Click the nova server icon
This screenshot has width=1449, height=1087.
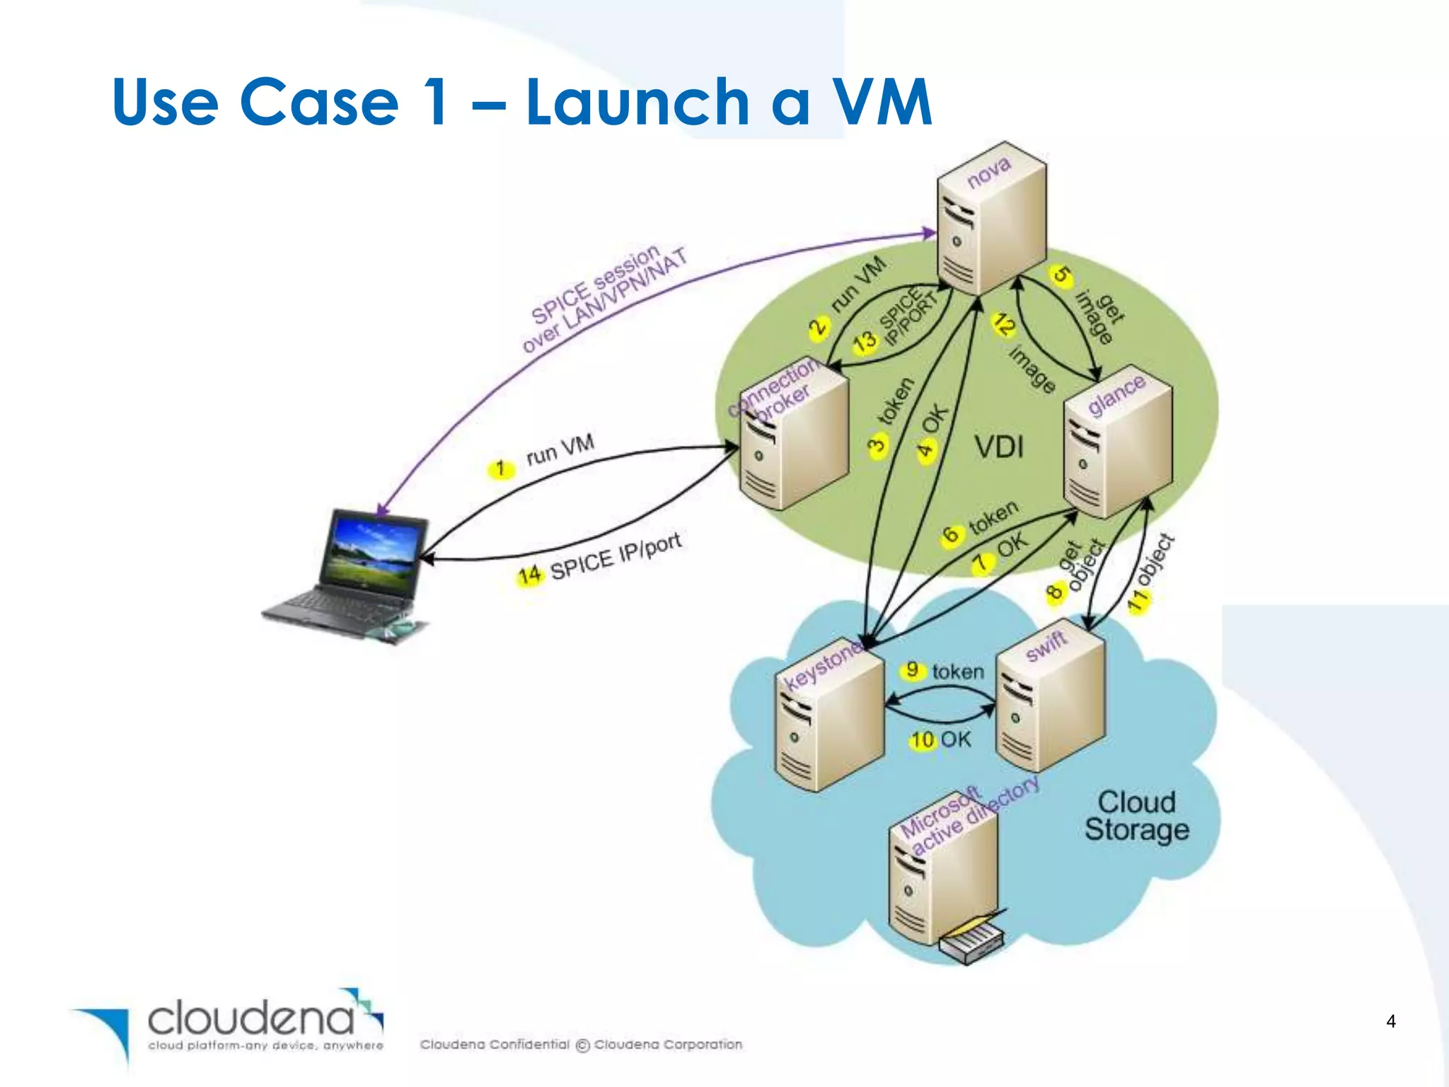pyautogui.click(x=991, y=226)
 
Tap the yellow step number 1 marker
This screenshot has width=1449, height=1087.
pyautogui.click(x=501, y=468)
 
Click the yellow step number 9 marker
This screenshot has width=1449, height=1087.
pyautogui.click(x=913, y=669)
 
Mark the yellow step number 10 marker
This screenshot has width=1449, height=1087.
pyautogui.click(x=923, y=740)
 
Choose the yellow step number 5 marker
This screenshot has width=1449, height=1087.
pyautogui.click(x=1061, y=275)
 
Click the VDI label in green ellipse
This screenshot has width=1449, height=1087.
pyautogui.click(x=999, y=447)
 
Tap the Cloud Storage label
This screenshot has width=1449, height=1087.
pyautogui.click(x=1136, y=816)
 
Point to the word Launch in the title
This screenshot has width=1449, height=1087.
pyautogui.click(x=637, y=103)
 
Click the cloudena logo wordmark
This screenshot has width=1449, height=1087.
pyautogui.click(x=251, y=1019)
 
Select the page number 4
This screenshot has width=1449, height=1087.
pyautogui.click(x=1391, y=1021)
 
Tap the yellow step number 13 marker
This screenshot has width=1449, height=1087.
pyautogui.click(x=865, y=342)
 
